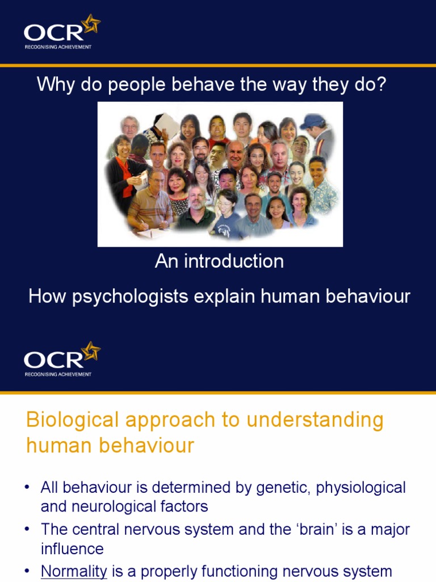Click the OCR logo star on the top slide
pyautogui.click(x=90, y=24)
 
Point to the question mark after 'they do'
pyautogui.click(x=381, y=85)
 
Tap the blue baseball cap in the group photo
pyautogui.click(x=312, y=121)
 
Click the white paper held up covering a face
pyautogui.click(x=165, y=123)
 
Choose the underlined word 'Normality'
pyautogui.click(x=74, y=571)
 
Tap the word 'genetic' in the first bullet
pyautogui.click(x=302, y=488)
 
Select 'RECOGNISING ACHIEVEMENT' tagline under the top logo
pyautogui.click(x=58, y=47)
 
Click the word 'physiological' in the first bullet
pyautogui.click(x=371, y=488)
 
